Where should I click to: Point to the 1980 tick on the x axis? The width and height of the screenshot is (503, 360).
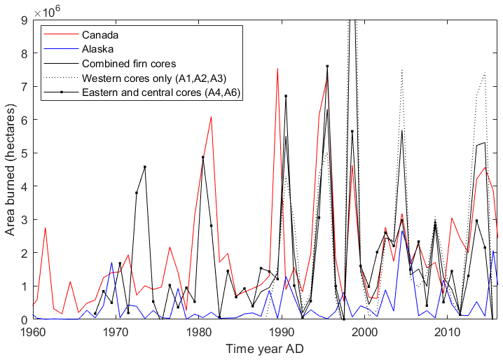tap(199, 331)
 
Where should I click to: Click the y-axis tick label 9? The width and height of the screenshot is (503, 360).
tap(24, 20)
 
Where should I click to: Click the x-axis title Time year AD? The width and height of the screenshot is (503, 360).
tap(266, 347)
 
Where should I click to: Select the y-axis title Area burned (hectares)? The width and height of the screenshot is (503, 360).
tap(9, 170)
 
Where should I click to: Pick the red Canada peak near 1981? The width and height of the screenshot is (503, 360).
tap(211, 117)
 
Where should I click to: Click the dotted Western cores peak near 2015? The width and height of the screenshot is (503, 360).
tap(485, 72)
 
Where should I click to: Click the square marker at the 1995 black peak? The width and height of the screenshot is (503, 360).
tap(327, 67)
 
